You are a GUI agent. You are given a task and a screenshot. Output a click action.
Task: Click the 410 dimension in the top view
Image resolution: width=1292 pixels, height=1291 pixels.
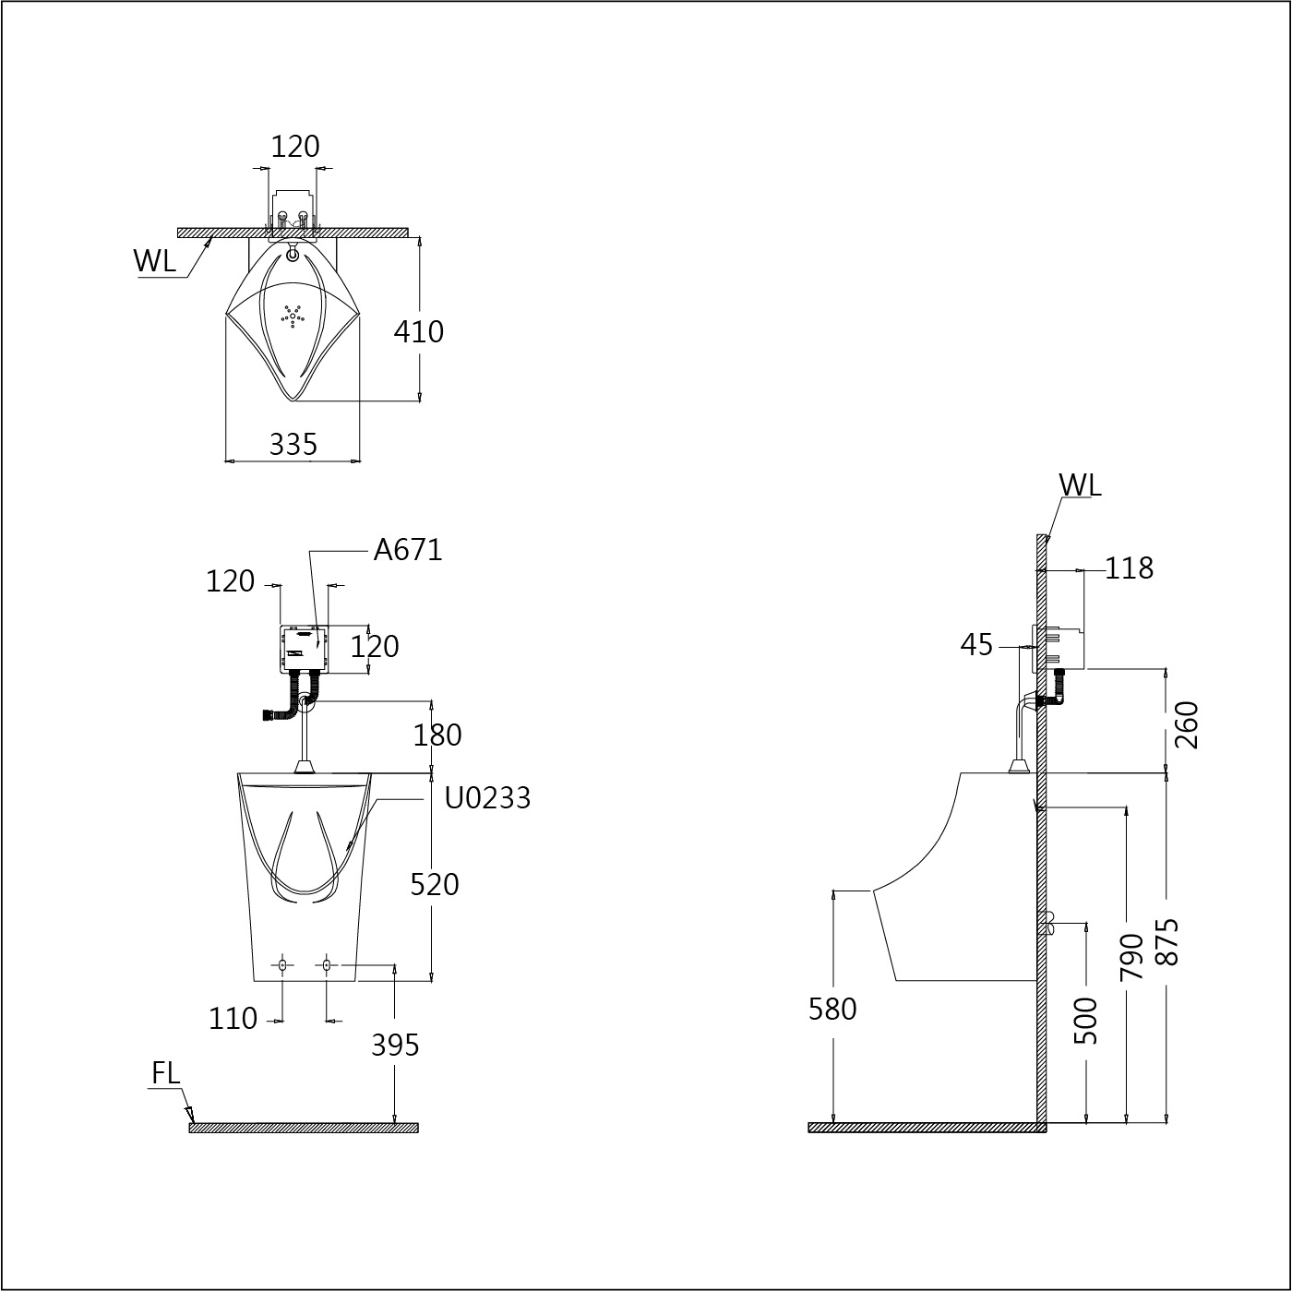pyautogui.click(x=419, y=331)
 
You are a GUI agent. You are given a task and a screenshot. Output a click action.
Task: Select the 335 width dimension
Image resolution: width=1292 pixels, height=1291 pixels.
pyautogui.click(x=293, y=445)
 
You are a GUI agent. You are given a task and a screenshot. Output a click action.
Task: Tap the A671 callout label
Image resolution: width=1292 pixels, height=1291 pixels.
pyautogui.click(x=408, y=550)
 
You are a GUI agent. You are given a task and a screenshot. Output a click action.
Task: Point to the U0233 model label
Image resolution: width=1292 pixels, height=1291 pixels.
pyautogui.click(x=487, y=797)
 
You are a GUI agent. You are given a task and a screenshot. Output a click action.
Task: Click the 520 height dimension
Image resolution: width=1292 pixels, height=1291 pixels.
pyautogui.click(x=434, y=884)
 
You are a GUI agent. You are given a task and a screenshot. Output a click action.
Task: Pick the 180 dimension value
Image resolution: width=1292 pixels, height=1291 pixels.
pyautogui.click(x=437, y=735)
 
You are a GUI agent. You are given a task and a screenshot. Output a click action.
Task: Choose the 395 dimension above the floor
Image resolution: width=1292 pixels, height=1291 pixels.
pyautogui.click(x=395, y=1045)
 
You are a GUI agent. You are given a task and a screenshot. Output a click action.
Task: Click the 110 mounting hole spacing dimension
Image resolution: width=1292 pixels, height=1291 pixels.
pyautogui.click(x=233, y=1019)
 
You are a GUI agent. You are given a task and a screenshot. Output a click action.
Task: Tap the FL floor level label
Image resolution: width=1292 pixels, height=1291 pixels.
pyautogui.click(x=166, y=1073)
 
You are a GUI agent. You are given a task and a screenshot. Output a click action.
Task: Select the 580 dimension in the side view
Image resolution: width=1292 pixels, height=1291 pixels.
pyautogui.click(x=832, y=1010)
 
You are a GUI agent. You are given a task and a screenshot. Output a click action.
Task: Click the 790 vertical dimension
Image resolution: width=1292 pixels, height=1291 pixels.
pyautogui.click(x=1130, y=956)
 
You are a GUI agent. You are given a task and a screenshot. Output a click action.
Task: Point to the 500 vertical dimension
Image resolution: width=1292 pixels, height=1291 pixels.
pyautogui.click(x=1088, y=1021)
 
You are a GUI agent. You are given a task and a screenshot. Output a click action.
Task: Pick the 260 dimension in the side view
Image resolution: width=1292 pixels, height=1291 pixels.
pyautogui.click(x=1186, y=724)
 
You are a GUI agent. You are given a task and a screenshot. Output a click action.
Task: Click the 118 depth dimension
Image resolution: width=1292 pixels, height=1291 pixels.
pyautogui.click(x=1129, y=568)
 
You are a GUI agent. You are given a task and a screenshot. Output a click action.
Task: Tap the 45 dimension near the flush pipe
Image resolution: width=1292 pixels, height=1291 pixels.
pyautogui.click(x=976, y=645)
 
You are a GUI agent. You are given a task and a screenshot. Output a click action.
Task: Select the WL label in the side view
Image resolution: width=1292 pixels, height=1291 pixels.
pyautogui.click(x=1080, y=484)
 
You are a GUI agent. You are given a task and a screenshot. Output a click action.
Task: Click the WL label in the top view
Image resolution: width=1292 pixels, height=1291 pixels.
pyautogui.click(x=154, y=261)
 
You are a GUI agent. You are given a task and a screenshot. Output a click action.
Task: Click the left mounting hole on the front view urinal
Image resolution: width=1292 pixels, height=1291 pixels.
pyautogui.click(x=282, y=965)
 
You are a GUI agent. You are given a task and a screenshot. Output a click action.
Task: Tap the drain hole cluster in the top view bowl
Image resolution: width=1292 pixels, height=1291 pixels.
pyautogui.click(x=293, y=316)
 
